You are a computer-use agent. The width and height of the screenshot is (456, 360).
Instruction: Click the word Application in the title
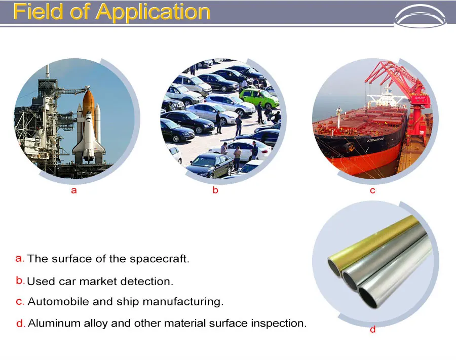[x=153, y=13]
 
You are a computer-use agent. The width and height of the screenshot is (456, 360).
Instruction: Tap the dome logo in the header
[x=420, y=16]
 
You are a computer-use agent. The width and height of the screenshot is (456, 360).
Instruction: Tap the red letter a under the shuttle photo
[x=74, y=190]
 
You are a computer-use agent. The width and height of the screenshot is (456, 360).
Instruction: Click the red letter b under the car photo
[x=215, y=190]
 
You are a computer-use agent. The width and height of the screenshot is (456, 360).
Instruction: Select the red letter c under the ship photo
[x=372, y=190]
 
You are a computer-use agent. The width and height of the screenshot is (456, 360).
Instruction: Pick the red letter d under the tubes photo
[x=373, y=329]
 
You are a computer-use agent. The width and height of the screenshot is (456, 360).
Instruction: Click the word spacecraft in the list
[x=160, y=259]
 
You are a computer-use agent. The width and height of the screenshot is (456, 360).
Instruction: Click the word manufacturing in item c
[x=183, y=302]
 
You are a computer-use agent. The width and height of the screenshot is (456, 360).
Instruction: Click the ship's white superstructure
[x=386, y=99]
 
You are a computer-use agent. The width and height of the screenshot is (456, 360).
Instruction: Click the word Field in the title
[x=38, y=12]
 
